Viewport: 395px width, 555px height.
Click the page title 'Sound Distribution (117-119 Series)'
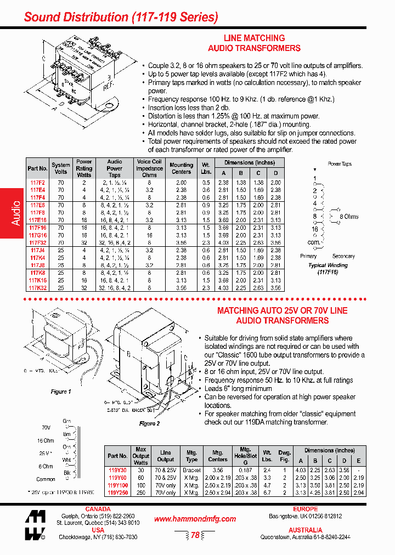point(121,17)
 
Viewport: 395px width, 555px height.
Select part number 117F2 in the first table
point(37,182)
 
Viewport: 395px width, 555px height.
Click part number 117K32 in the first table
point(38,287)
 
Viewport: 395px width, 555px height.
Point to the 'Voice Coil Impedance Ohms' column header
point(149,168)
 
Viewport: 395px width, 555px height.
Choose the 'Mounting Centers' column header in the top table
point(181,168)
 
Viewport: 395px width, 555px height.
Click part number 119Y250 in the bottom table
point(117,492)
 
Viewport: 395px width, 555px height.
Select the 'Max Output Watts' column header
point(141,456)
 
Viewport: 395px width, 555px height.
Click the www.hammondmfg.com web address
point(195,519)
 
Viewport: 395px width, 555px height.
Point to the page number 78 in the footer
point(195,535)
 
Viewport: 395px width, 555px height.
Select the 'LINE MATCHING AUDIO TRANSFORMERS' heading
point(255,43)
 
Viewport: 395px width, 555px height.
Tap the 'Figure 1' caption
point(61,392)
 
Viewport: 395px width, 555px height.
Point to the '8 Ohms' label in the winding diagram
point(347,217)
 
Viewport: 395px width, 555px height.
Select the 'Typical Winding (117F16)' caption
point(328,268)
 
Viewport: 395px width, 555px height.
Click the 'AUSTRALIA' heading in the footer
point(306,530)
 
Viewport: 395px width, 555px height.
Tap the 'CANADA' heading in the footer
point(98,509)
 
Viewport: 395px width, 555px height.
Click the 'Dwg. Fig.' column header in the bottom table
point(284,456)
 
